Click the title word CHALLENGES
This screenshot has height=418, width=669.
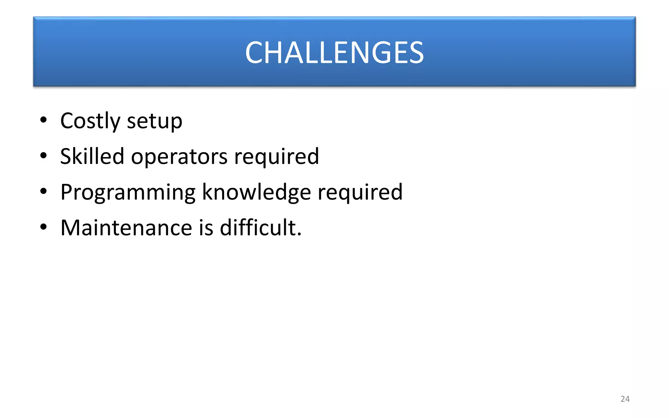[334, 53]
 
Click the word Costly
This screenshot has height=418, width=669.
[90, 121]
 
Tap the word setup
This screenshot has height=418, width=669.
[155, 122]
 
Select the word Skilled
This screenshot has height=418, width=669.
[92, 156]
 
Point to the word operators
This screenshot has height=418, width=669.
[179, 157]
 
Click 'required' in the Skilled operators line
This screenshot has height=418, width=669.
[276, 157]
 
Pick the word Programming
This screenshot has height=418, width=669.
[128, 193]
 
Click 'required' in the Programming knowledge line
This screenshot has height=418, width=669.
[360, 193]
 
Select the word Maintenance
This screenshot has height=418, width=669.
[126, 228]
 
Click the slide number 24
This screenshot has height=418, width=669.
[625, 399]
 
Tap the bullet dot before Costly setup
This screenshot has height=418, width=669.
[43, 120]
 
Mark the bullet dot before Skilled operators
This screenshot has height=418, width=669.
[43, 156]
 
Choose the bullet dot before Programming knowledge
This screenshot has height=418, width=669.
[43, 191]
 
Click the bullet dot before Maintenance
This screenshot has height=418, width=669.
[43, 227]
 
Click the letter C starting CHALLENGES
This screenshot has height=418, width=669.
[254, 53]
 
